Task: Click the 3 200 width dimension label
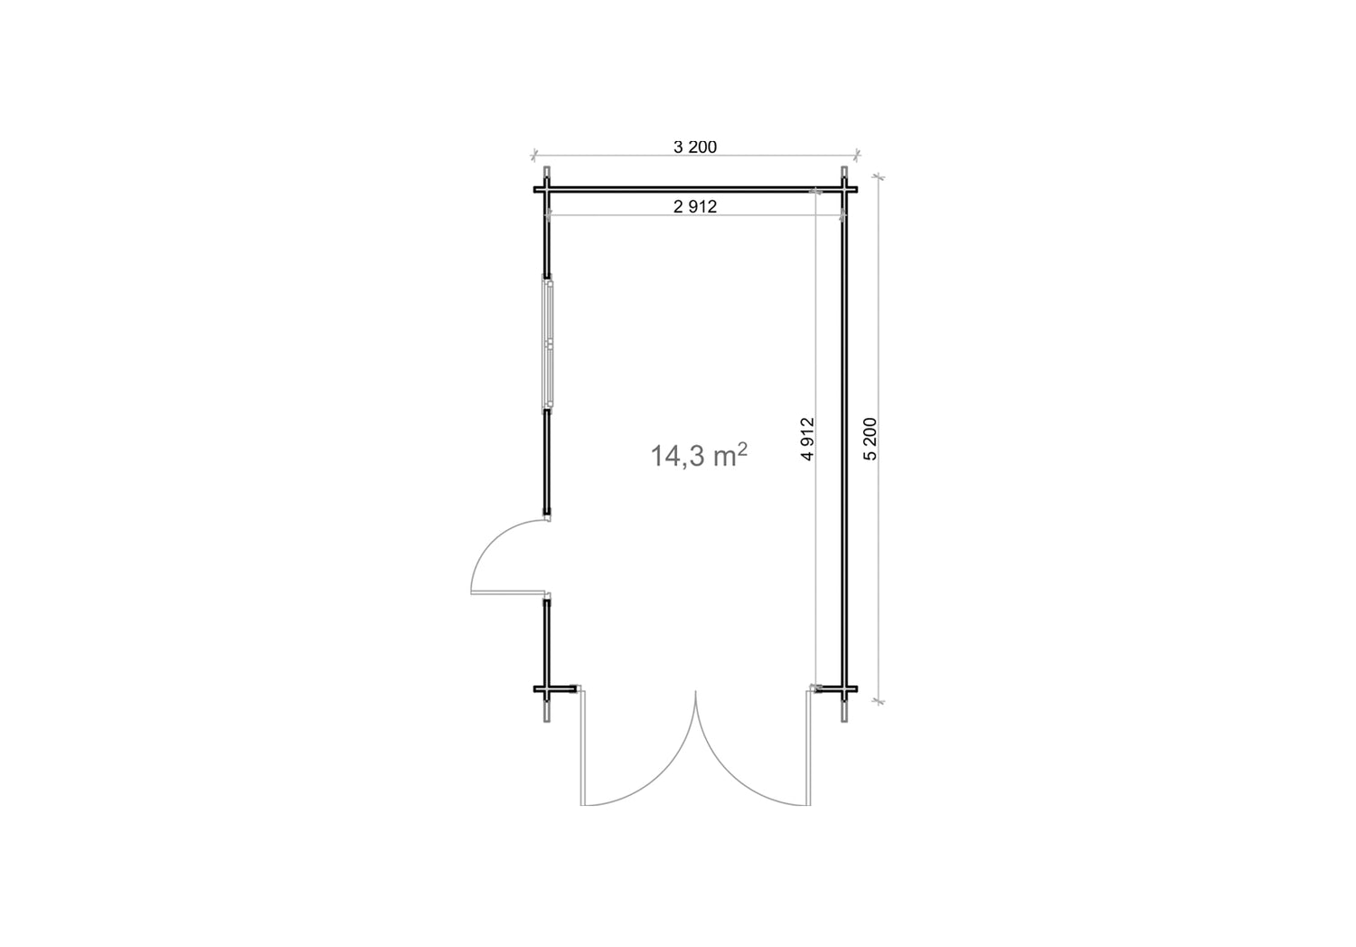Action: coord(695,147)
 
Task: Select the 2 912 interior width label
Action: coord(695,207)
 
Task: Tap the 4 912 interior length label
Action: coord(807,439)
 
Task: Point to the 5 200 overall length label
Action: coord(871,439)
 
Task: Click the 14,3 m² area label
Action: coord(699,455)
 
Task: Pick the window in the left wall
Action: coord(548,344)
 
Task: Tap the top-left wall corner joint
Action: coord(547,190)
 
